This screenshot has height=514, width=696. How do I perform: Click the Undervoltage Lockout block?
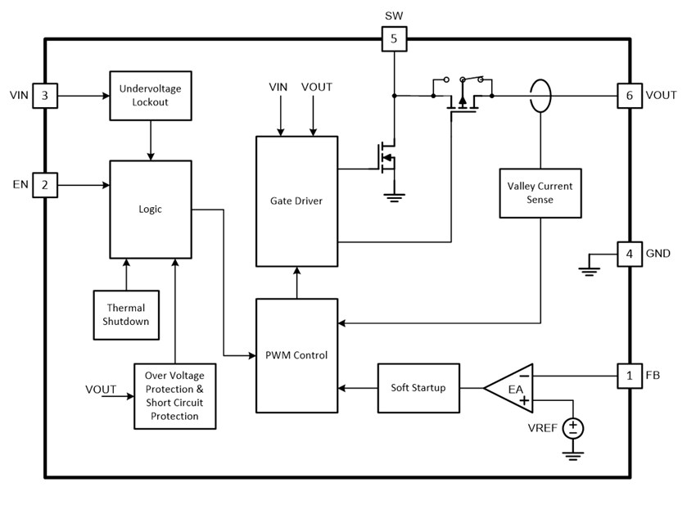(x=151, y=95)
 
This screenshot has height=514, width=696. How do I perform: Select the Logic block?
(x=151, y=210)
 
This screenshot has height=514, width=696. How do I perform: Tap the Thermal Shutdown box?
(x=126, y=314)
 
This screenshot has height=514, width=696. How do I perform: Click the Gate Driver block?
(x=296, y=201)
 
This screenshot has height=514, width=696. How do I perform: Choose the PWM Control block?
(x=296, y=355)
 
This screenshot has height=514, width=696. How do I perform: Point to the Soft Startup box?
(x=418, y=387)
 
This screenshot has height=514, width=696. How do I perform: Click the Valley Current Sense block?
(x=540, y=193)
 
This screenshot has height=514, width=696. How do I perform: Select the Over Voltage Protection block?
(x=174, y=396)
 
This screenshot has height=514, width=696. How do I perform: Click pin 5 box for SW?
(x=394, y=38)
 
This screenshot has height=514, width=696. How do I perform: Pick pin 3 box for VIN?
(x=45, y=96)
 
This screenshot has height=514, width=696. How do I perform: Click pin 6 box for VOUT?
(x=629, y=96)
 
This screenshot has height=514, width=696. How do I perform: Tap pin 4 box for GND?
(x=629, y=254)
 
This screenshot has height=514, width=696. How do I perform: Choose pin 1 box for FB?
(x=629, y=376)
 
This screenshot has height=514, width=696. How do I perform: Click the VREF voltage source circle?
(x=572, y=426)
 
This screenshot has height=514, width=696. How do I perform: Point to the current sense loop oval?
(x=540, y=96)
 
